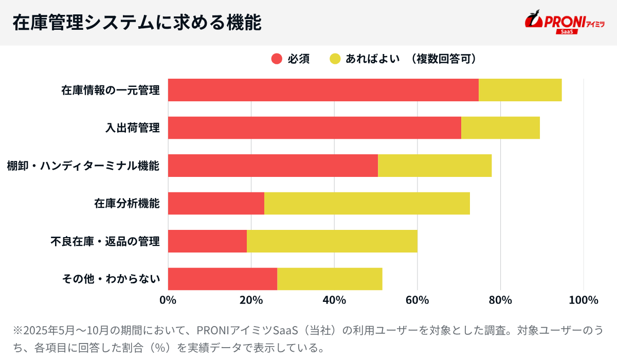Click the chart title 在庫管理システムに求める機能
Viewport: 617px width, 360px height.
tap(137, 23)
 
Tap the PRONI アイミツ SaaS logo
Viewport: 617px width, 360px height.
tap(564, 22)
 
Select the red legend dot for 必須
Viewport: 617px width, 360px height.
tap(277, 59)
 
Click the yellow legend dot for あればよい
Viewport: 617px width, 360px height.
tap(335, 59)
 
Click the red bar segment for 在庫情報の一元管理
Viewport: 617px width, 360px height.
tap(323, 90)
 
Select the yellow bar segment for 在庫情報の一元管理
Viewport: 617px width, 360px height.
tap(520, 90)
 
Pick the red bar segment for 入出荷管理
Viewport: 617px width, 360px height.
tap(314, 128)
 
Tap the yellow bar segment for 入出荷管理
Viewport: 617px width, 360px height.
tap(500, 128)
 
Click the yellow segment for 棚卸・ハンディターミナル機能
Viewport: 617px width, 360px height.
tap(434, 166)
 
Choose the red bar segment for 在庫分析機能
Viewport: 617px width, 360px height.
tap(216, 203)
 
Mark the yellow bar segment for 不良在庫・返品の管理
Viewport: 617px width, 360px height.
tap(332, 241)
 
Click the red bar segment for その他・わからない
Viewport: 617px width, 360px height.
tap(222, 279)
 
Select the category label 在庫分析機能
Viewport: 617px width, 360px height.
tap(127, 203)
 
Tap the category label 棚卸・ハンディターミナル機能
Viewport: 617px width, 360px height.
tap(83, 166)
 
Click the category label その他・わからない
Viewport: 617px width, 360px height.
tap(111, 279)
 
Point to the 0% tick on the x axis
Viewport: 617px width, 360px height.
tap(168, 300)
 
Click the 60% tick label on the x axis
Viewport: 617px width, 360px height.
tap(417, 300)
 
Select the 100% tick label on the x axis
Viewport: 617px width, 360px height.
tap(584, 300)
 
